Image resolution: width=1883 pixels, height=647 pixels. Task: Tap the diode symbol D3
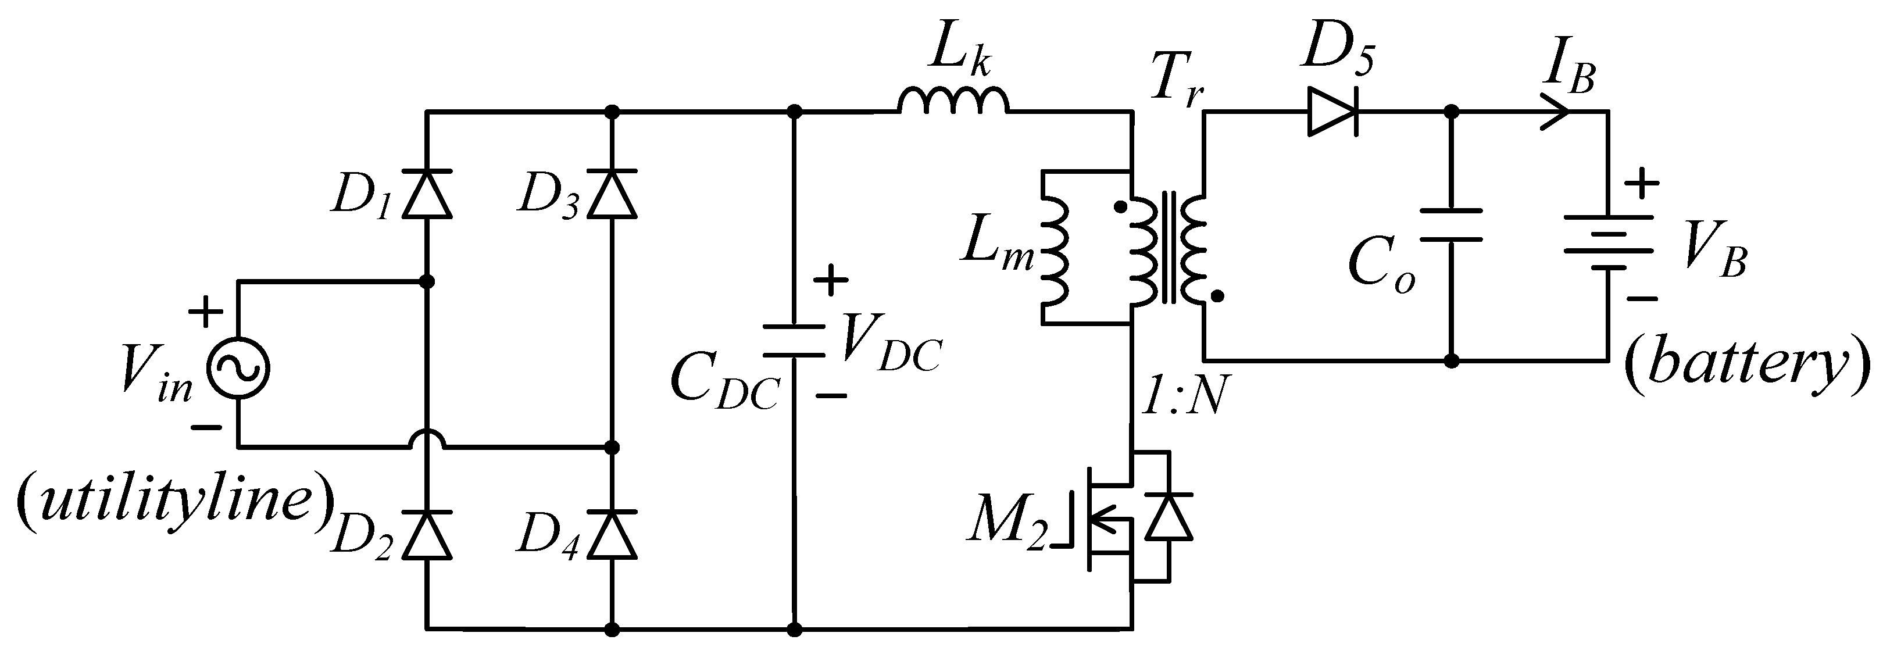(613, 193)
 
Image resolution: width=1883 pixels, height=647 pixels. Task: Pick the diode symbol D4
(613, 534)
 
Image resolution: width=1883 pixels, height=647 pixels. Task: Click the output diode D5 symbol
(1332, 112)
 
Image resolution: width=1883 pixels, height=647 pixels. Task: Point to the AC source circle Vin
(238, 369)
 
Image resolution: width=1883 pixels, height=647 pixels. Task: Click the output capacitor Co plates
(1451, 225)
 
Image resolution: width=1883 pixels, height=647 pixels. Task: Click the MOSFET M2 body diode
(1169, 516)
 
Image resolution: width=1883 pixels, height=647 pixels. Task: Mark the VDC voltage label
(891, 344)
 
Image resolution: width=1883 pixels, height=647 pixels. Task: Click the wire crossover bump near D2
(428, 439)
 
